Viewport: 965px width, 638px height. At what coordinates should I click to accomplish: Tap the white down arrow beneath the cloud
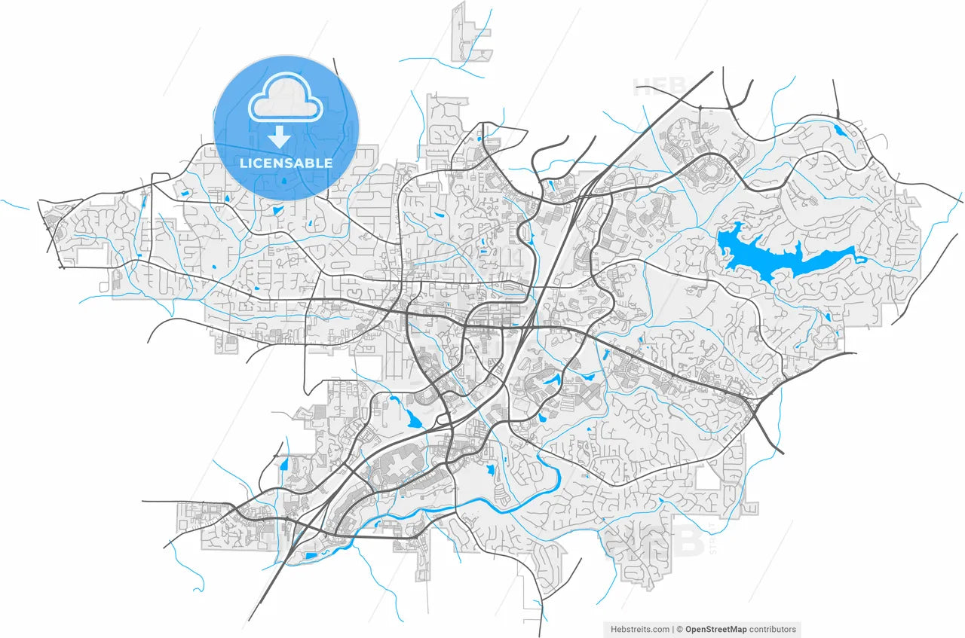[280, 137]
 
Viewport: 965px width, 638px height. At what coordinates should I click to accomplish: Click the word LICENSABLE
[286, 163]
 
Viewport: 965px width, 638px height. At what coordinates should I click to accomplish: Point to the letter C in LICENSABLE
[260, 163]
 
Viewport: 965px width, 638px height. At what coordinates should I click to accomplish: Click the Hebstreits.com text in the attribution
[639, 629]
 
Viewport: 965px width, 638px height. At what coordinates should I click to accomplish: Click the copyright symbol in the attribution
[679, 629]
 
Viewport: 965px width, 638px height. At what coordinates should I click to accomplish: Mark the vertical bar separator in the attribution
[672, 629]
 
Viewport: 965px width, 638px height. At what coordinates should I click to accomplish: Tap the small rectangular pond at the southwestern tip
[311, 557]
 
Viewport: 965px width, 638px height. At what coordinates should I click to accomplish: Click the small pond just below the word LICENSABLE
[283, 181]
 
